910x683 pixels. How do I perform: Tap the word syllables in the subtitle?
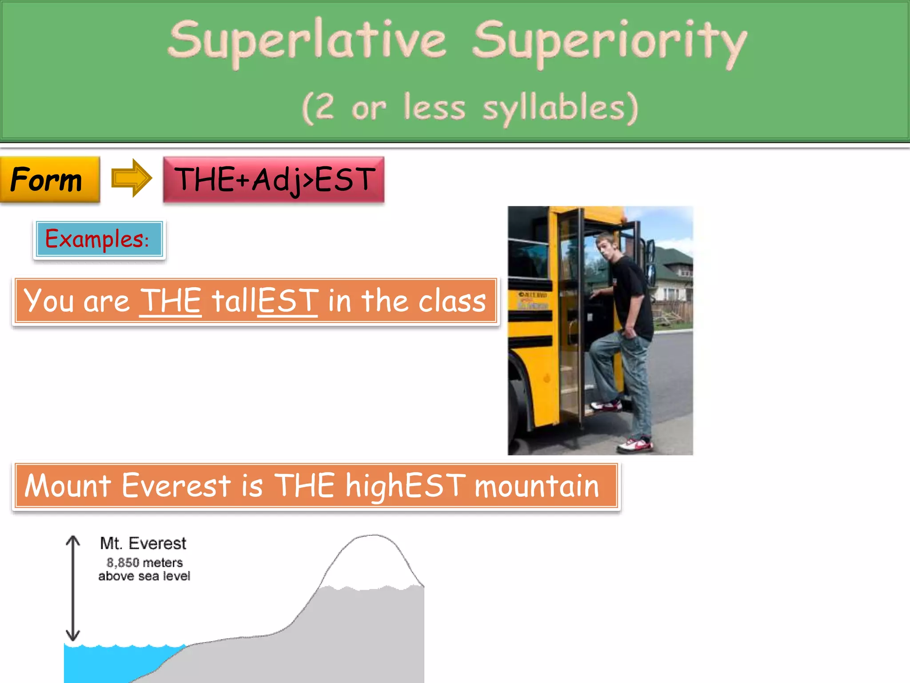point(560,108)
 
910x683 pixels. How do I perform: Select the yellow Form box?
point(49,179)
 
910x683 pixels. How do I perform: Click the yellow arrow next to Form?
point(131,178)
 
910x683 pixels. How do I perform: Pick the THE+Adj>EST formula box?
point(274,179)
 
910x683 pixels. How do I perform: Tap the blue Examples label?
point(99,239)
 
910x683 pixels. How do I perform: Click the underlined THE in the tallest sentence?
point(171,301)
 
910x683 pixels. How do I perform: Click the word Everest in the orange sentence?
point(176,486)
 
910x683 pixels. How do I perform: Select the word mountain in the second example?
point(537,486)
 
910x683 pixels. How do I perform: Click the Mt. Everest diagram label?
point(143,543)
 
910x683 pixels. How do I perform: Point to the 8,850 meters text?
point(144,563)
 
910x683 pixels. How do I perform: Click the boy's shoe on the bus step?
point(607,405)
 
